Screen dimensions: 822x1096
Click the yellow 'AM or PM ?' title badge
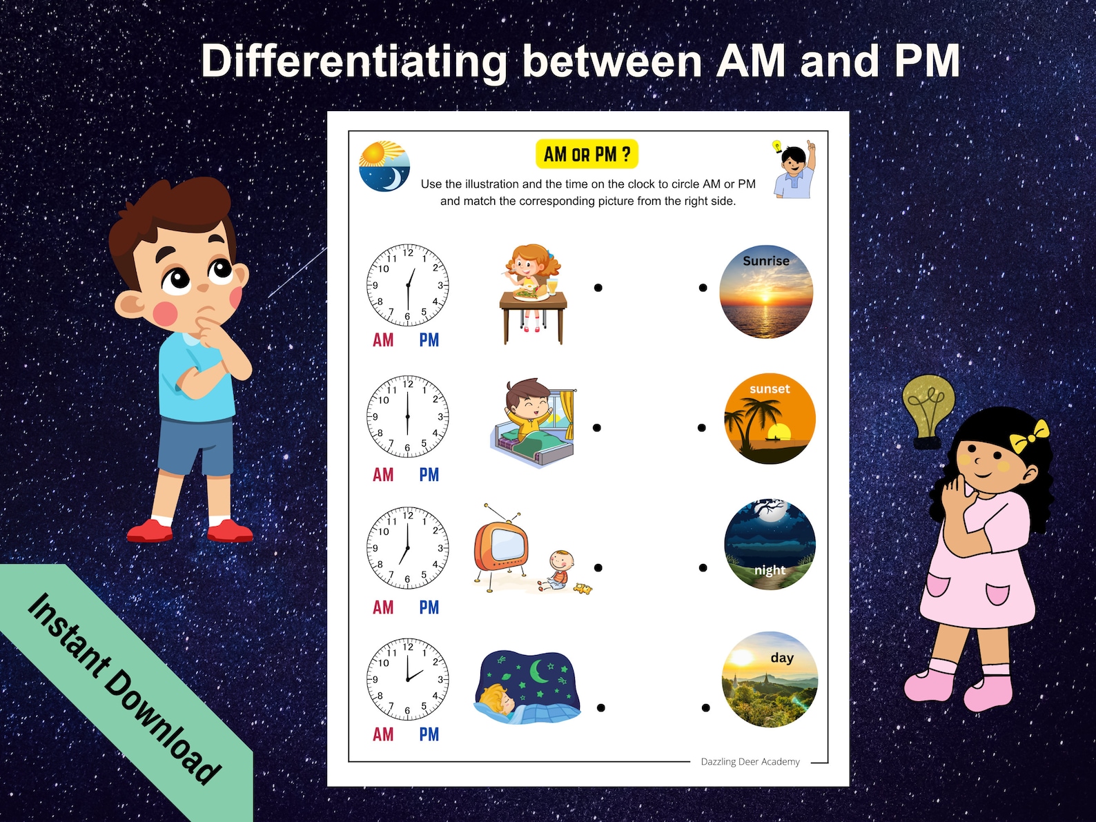[587, 155]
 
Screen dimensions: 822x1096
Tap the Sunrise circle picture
[766, 292]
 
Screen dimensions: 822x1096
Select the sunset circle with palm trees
[770, 419]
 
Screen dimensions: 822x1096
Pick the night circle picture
[770, 545]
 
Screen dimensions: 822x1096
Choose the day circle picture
[770, 680]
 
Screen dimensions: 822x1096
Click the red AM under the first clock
[383, 340]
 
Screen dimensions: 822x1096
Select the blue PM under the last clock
[429, 734]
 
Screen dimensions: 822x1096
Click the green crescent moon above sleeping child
[538, 670]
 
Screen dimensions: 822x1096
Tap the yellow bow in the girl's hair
[1028, 436]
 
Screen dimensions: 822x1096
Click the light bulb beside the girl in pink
[929, 409]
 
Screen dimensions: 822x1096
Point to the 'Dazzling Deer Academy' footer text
[750, 762]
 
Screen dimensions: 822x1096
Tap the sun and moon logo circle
[384, 167]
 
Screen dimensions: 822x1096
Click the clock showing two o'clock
[407, 679]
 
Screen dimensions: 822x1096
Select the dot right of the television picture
[598, 568]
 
